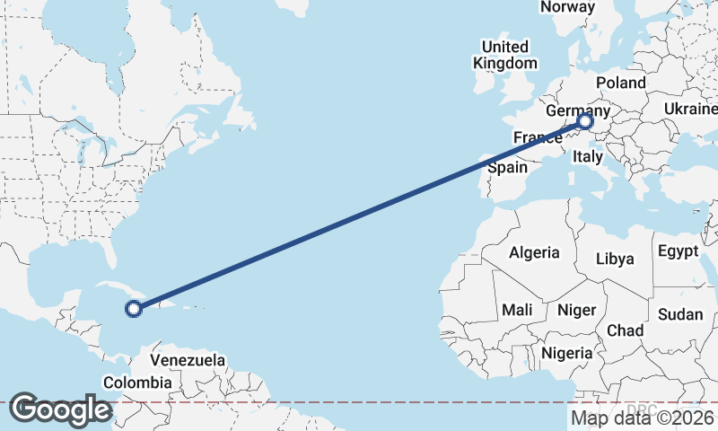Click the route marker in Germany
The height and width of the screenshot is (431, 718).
pyautogui.click(x=585, y=121)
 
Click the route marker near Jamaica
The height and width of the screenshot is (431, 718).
pyautogui.click(x=133, y=309)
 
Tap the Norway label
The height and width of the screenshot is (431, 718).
pyautogui.click(x=567, y=7)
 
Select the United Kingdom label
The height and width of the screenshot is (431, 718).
pyautogui.click(x=505, y=55)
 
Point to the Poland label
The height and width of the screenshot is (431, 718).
pyautogui.click(x=620, y=83)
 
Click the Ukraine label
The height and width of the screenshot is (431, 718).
pyautogui.click(x=690, y=109)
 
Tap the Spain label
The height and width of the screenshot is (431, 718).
pyautogui.click(x=507, y=168)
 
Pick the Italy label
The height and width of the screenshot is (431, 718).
pyautogui.click(x=588, y=156)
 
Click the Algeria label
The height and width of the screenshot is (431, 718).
pyautogui.click(x=534, y=253)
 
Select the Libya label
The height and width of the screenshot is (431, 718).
pyautogui.click(x=616, y=259)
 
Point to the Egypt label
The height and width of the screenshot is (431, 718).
pyautogui.click(x=678, y=251)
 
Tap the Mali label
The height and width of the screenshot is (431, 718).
pyautogui.click(x=518, y=310)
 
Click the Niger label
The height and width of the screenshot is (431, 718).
pyautogui.click(x=576, y=310)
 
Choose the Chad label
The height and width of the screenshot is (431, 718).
pyautogui.click(x=625, y=330)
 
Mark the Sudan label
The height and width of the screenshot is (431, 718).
pyautogui.click(x=680, y=314)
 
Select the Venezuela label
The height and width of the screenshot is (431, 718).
pyautogui.click(x=188, y=360)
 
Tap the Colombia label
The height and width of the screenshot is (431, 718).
pyautogui.click(x=136, y=383)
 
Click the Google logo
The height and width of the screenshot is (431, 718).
pyautogui.click(x=60, y=409)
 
